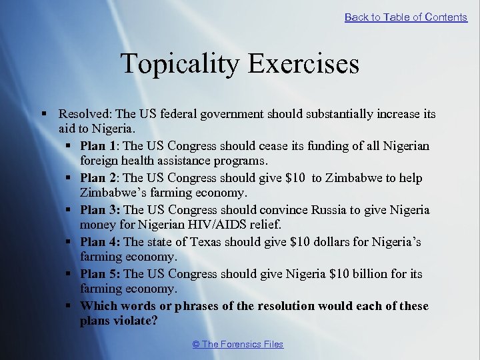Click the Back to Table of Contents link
point(405,17)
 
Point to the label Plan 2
point(98,178)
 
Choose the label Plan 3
point(98,210)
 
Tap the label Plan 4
point(98,242)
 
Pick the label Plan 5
point(98,274)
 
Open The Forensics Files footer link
point(237,344)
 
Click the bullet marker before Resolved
point(43,115)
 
